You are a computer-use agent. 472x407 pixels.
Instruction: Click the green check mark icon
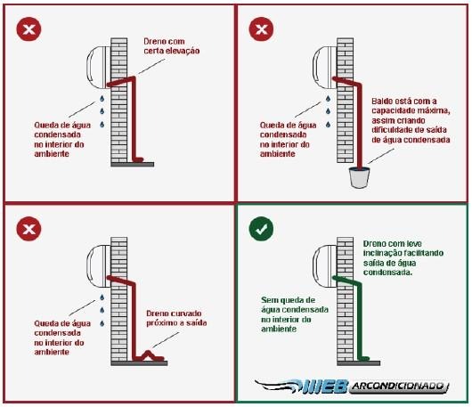pyautogui.click(x=261, y=229)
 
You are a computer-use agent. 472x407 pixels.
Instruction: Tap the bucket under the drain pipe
pyautogui.click(x=359, y=178)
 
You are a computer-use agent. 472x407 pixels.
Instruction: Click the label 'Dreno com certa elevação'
pyautogui.click(x=172, y=46)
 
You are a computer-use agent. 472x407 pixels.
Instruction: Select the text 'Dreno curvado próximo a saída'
pyautogui.click(x=176, y=318)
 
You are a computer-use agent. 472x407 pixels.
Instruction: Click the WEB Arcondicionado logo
pyautogui.click(x=352, y=387)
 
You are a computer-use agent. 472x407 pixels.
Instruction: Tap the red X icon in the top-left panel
pyautogui.click(x=28, y=29)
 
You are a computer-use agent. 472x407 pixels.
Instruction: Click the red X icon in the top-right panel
pyautogui.click(x=261, y=29)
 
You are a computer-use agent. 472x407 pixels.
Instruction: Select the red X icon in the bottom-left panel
pyautogui.click(x=28, y=229)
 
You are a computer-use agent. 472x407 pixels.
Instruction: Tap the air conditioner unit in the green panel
pyautogui.click(x=325, y=267)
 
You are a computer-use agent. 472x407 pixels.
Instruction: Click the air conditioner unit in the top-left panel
pyautogui.click(x=99, y=68)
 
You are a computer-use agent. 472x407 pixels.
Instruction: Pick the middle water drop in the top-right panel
pyautogui.click(x=328, y=111)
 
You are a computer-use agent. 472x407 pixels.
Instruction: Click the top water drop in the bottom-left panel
pyautogui.click(x=102, y=297)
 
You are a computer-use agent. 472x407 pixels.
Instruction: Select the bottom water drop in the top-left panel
pyautogui.click(x=102, y=124)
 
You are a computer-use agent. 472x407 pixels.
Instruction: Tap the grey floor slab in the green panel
pyautogui.click(x=359, y=363)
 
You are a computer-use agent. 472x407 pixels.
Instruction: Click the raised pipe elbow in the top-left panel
pyautogui.click(x=133, y=79)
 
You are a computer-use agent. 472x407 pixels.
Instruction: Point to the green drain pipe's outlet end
pyautogui.click(x=367, y=358)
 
